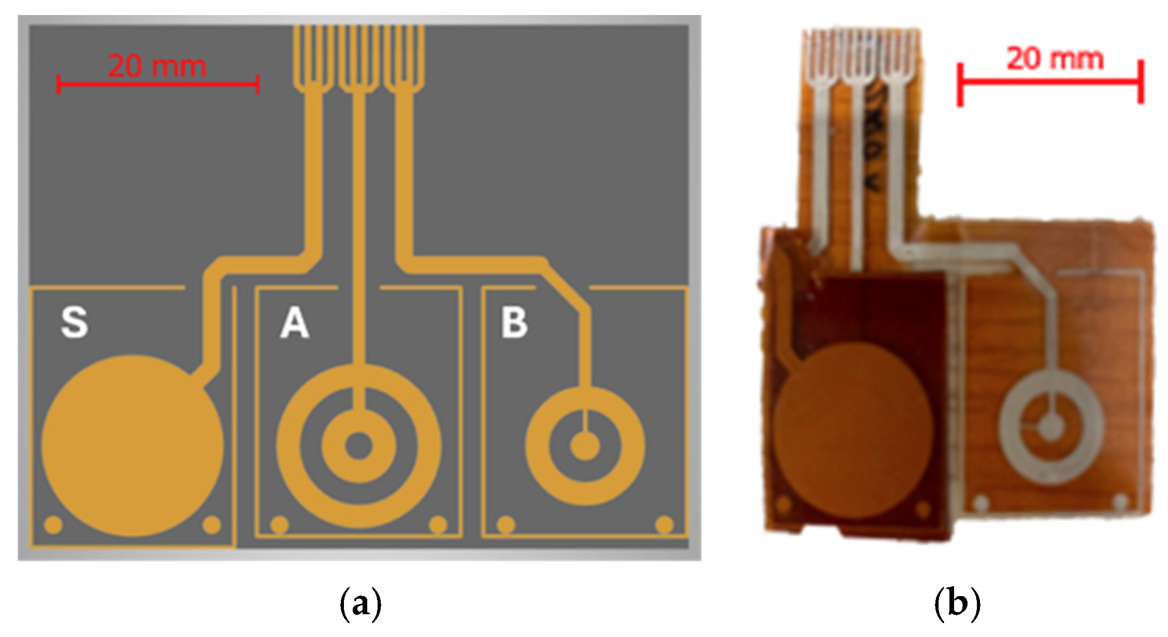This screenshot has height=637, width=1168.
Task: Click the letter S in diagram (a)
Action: (x=75, y=322)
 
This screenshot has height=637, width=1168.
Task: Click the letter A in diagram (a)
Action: (x=295, y=322)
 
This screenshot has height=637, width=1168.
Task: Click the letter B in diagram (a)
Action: (x=514, y=322)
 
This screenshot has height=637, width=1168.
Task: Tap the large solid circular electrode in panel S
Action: (x=132, y=445)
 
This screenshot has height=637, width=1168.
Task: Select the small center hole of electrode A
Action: (x=358, y=446)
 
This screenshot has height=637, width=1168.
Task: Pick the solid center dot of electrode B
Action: (x=585, y=446)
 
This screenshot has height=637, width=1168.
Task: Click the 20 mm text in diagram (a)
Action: (x=157, y=66)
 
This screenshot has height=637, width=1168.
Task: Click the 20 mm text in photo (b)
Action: (x=1055, y=59)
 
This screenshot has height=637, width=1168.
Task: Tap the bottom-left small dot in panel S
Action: (x=53, y=525)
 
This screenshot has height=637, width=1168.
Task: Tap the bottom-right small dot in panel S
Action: (x=211, y=525)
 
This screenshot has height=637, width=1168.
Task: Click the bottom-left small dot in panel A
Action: (x=279, y=525)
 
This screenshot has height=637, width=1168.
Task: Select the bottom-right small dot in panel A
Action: (x=438, y=525)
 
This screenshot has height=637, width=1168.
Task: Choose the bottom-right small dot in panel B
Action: (x=665, y=525)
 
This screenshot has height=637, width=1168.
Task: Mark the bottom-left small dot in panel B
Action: (x=506, y=525)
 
